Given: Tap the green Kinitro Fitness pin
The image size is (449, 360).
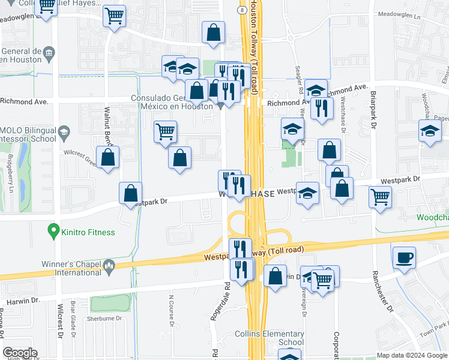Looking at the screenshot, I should (53, 230).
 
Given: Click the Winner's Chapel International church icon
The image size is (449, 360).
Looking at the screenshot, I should (109, 265).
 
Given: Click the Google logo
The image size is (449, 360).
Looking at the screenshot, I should (20, 353).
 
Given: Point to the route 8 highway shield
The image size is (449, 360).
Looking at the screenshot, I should (241, 10).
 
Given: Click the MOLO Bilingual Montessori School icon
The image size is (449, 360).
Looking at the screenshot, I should (63, 132).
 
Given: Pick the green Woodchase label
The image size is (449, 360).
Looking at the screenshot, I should (432, 217).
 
